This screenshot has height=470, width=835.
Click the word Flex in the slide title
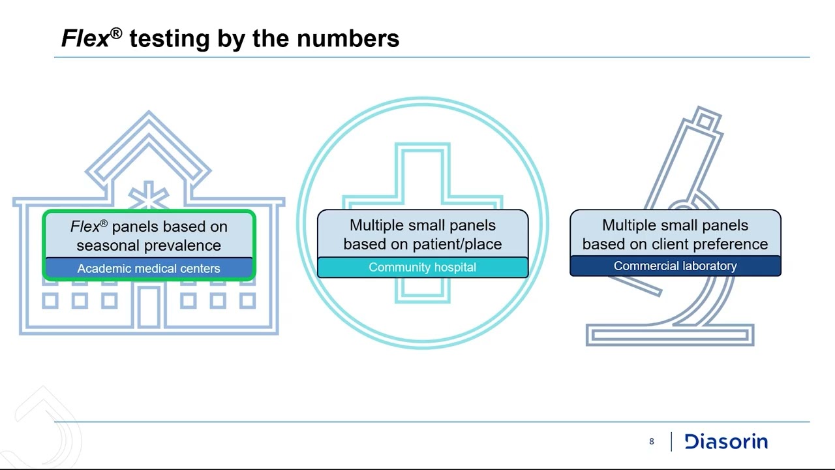[x=85, y=39]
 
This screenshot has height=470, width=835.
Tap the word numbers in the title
[x=348, y=39]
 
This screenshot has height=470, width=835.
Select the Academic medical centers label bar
[x=149, y=268]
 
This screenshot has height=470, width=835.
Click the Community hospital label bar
[x=422, y=267]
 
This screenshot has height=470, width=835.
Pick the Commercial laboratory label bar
[x=675, y=266]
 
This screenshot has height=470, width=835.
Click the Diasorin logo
[x=726, y=442]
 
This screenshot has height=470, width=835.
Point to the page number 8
[x=651, y=442]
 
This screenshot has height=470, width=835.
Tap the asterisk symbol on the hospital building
[x=149, y=196]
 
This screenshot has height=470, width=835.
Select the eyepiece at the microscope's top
[x=705, y=121]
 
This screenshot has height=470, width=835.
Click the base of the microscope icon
[x=670, y=335]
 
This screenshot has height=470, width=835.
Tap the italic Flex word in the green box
[x=85, y=227]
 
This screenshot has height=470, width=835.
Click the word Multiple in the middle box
[x=378, y=225]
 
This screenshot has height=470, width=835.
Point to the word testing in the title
[x=169, y=39]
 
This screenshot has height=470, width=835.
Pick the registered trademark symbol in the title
[x=116, y=33]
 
